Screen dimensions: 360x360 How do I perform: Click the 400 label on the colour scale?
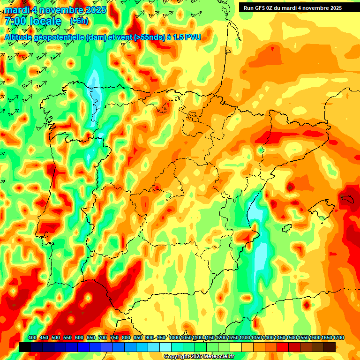tap(32, 338)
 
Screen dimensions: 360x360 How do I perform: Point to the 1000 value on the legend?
tap(174, 338)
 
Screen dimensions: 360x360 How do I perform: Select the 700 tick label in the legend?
tap(103, 338)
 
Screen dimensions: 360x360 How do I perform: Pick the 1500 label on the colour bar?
tap(292, 338)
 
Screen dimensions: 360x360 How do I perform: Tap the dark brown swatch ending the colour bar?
tap(330, 347)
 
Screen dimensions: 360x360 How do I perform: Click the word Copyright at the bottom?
tap(176, 356)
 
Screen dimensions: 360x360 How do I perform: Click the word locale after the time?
tap(45, 21)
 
